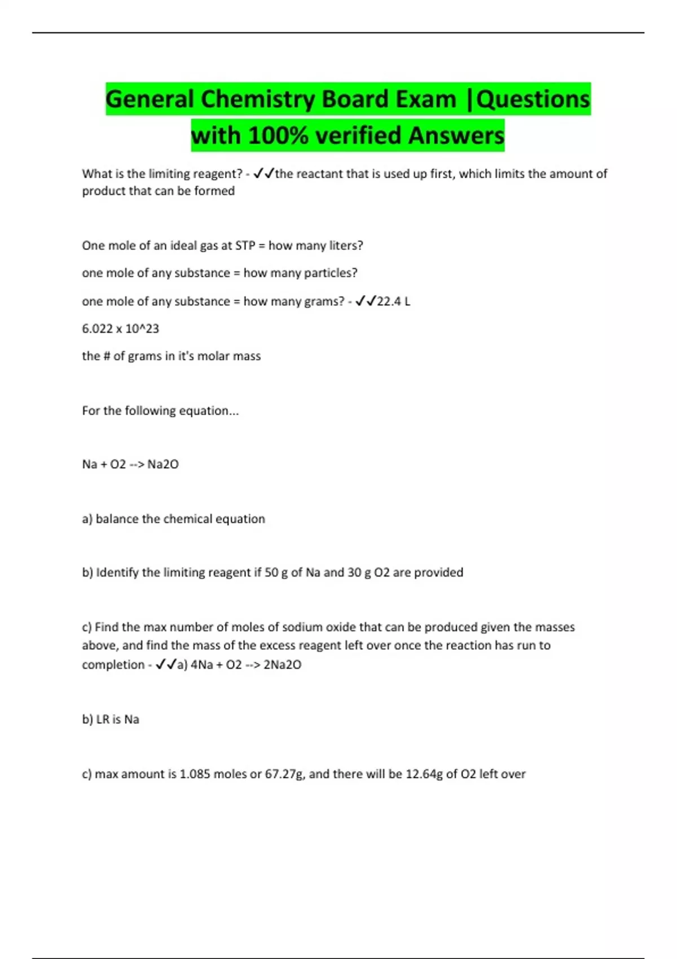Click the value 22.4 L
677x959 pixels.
point(393,301)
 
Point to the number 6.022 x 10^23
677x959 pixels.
point(120,328)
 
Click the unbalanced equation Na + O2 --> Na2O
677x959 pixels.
point(130,464)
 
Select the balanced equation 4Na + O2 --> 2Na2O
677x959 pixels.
point(246,665)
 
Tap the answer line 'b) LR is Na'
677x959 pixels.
point(111,719)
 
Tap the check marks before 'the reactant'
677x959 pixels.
point(263,174)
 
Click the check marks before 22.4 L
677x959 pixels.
point(365,301)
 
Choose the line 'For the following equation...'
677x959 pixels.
point(160,411)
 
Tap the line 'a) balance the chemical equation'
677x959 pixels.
point(173,519)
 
